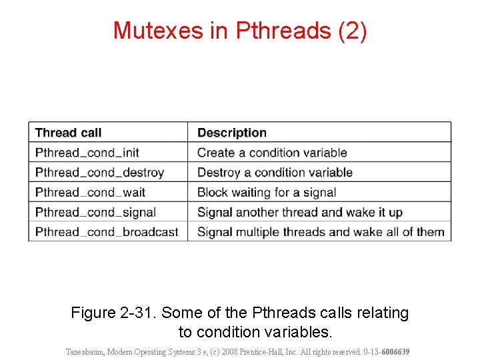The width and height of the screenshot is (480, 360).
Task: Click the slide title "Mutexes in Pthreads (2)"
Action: pos(240,31)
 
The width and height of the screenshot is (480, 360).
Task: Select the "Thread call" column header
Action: pos(68,133)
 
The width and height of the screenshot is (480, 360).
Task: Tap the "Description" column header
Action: pos(231,133)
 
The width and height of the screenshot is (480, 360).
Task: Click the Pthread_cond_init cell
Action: pos(87,153)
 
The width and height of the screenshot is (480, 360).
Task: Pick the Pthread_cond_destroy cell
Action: pos(99,173)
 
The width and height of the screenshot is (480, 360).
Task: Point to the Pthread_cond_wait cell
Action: pos(90,193)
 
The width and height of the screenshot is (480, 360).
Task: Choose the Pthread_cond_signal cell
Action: pos(95,213)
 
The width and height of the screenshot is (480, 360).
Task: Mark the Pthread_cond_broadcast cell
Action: pos(107,233)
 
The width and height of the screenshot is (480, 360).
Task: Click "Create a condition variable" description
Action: pos(272,153)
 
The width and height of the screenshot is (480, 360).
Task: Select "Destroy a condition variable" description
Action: pos(275,173)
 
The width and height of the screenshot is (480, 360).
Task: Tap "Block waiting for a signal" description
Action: pos(266,193)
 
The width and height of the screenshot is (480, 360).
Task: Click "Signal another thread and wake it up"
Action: pos(299,213)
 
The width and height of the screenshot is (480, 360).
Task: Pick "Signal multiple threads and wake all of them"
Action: pos(321,233)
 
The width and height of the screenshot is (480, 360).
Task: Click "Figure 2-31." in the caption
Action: pos(114,313)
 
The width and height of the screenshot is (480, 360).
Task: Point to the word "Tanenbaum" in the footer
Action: pos(86,351)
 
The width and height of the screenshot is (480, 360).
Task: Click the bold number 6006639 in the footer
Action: pos(395,351)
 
